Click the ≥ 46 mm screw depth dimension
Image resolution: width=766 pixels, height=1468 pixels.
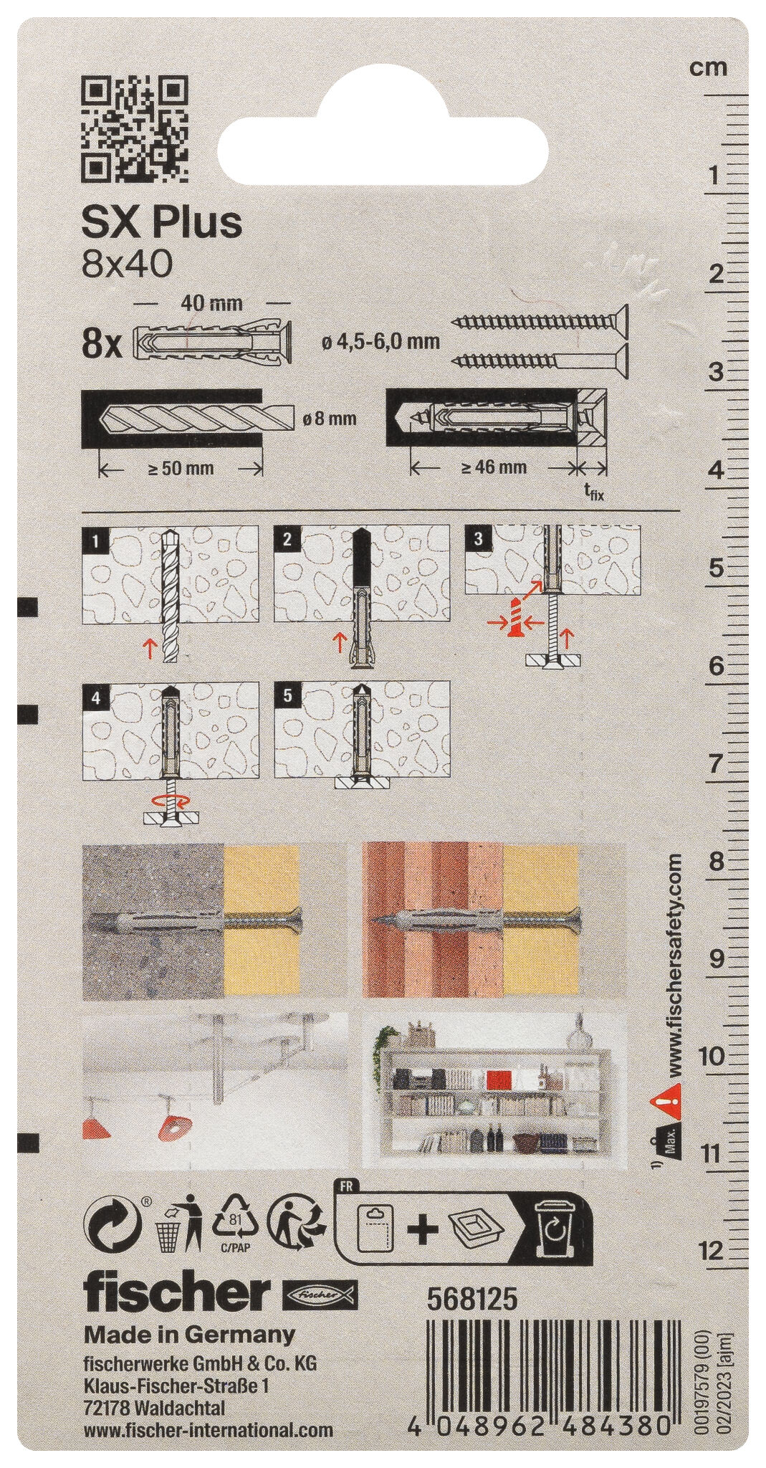coord(494,467)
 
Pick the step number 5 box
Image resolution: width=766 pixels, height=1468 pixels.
coord(287,693)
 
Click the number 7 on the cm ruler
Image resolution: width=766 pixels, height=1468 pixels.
coord(715,764)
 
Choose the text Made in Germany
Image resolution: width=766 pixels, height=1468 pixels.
coord(190,1335)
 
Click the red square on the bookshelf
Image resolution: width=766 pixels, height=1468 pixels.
coord(499,1079)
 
